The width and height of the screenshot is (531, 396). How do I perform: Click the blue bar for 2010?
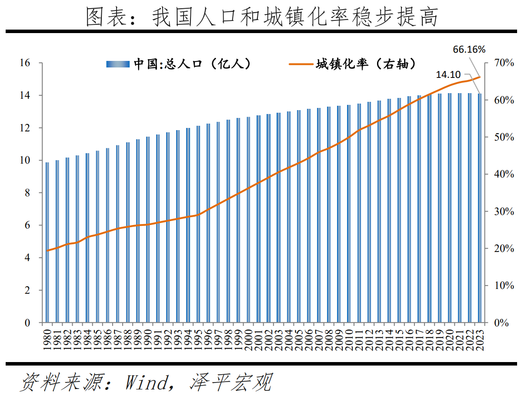(349, 214)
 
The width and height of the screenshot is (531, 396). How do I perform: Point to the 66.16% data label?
(469, 50)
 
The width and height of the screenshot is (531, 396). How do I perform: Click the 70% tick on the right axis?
(504, 63)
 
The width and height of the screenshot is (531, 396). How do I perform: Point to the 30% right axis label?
(504, 211)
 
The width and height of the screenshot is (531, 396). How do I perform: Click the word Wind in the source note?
(146, 382)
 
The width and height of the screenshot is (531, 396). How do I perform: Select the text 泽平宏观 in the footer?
(230, 382)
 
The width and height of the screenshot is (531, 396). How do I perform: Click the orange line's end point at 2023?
(480, 77)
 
